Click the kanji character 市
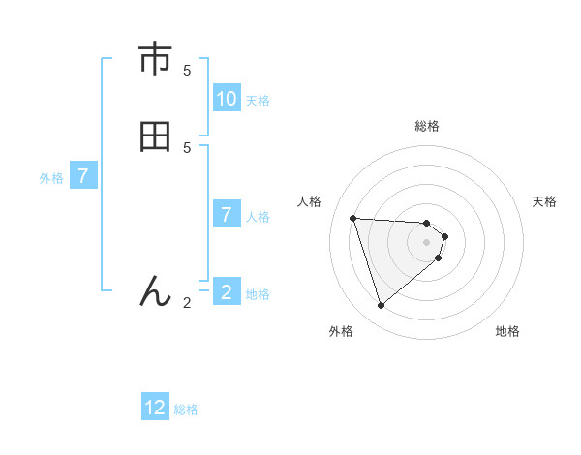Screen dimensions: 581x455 coord(155,60)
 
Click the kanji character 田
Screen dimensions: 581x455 coord(155,136)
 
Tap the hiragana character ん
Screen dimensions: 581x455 coord(155,290)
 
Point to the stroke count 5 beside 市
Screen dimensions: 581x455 coord(187,70)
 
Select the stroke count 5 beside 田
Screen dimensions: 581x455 coord(187,147)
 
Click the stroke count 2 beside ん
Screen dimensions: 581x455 coord(187,303)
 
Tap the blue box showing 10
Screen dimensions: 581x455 coord(227,99)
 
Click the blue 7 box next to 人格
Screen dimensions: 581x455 coord(227,215)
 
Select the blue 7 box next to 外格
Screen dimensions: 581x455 coord(83,177)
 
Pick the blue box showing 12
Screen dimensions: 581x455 coord(155,408)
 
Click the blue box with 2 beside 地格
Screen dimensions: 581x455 coord(227,292)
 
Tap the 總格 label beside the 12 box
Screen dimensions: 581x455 coord(186,409)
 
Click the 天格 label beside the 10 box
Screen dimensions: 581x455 coord(258,101)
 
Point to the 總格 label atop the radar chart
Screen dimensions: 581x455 coord(427,126)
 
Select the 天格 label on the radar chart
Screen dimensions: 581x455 coord(545,201)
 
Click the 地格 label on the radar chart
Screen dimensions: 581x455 coord(507,332)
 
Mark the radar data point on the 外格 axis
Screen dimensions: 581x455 coord(381,306)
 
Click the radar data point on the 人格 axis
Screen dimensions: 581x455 coord(353,218)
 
